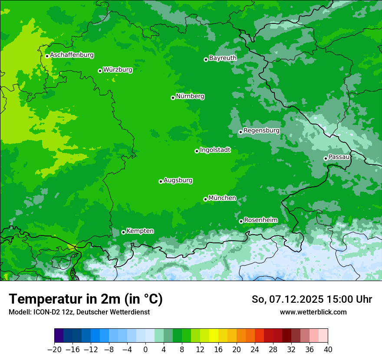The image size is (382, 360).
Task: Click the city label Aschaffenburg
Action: click(x=72, y=55)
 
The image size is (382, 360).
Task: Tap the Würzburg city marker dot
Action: click(x=100, y=71)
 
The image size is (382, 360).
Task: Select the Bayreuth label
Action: click(x=223, y=58)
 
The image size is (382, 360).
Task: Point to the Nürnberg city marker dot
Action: click(x=173, y=98)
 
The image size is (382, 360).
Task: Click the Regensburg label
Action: click(x=261, y=130)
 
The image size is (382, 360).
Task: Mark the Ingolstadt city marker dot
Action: click(x=197, y=151)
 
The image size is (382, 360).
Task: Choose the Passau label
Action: click(x=339, y=157)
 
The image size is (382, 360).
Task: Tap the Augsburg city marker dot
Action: click(x=161, y=181)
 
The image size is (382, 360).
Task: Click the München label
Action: click(x=222, y=198)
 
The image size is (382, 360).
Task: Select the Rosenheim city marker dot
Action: click(x=241, y=221)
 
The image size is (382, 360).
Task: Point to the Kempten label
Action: click(x=140, y=231)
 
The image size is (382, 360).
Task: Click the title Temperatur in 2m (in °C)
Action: click(x=86, y=299)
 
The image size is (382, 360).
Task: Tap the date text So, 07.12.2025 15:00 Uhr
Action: click(x=312, y=299)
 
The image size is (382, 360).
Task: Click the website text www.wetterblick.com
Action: click(x=313, y=312)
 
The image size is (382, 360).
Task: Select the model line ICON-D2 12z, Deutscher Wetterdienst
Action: click(x=79, y=312)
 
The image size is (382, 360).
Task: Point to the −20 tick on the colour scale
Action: click(x=54, y=350)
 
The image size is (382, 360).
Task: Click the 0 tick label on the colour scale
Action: click(x=145, y=350)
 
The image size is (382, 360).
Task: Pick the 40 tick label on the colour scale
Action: click(x=328, y=350)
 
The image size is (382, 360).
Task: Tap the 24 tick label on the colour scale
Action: click(x=255, y=350)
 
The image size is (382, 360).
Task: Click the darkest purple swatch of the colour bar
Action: click(x=59, y=336)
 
